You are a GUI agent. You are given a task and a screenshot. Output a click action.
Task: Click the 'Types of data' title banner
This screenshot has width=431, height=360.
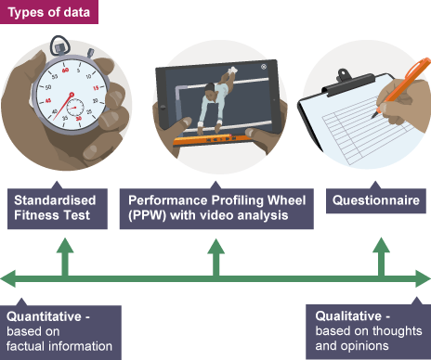[49, 12]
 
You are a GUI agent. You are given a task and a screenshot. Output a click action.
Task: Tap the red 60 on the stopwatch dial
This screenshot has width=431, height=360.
[65, 71]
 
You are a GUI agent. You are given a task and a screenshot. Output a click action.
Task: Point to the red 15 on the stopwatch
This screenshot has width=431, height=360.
[96, 88]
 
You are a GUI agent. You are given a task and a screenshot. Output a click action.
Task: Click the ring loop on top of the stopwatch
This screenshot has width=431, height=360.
[60, 43]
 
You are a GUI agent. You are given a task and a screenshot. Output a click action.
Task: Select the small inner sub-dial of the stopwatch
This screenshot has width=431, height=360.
[75, 108]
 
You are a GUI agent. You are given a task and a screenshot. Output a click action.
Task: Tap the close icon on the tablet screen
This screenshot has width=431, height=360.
[264, 67]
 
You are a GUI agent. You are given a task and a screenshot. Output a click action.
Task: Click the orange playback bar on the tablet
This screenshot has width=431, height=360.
[214, 140]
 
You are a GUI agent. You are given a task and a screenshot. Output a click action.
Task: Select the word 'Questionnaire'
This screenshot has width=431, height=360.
[376, 200]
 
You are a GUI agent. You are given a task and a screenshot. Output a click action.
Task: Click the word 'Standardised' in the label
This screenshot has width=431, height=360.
[55, 200]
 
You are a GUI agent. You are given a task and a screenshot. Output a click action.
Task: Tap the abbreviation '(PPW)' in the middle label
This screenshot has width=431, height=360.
[148, 215]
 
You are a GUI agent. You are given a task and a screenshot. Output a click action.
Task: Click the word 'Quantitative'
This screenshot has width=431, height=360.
[44, 317]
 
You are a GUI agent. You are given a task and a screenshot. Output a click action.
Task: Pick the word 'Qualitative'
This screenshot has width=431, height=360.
[348, 316]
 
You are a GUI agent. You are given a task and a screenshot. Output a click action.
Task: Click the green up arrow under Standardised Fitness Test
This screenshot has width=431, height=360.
[65, 257]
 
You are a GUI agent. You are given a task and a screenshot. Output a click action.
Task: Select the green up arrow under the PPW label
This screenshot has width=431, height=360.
[216, 257]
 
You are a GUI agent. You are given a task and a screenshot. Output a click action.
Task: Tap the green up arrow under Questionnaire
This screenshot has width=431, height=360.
[382, 257]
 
